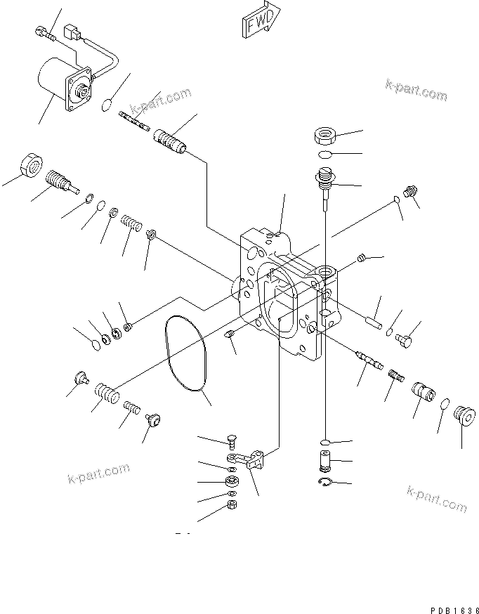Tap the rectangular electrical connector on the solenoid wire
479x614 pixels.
pos(71,32)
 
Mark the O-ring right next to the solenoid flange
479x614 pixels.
pos(106,105)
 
